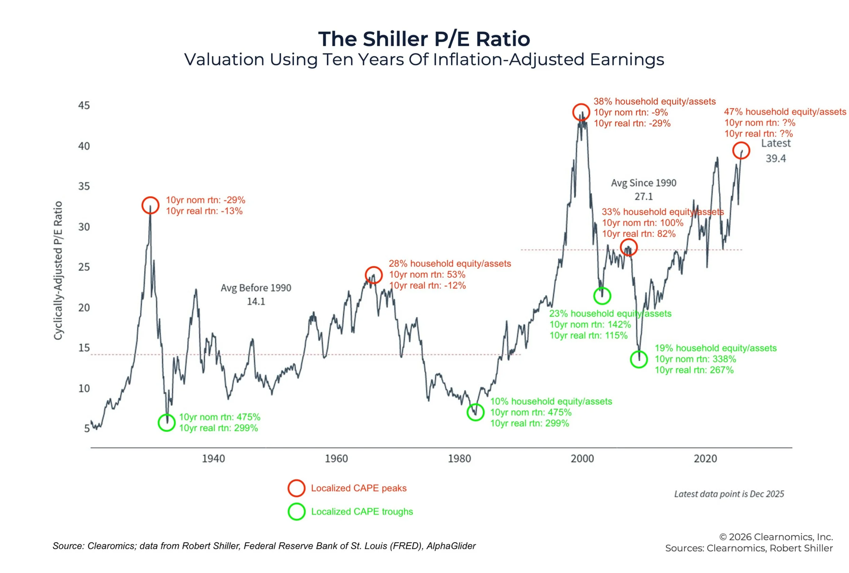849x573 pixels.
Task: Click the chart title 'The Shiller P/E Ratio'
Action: tap(424, 39)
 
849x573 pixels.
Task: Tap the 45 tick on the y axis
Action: tap(84, 106)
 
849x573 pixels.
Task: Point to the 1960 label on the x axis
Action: tap(336, 458)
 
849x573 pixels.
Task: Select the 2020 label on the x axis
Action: tap(705, 458)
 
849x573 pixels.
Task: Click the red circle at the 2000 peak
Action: tap(581, 112)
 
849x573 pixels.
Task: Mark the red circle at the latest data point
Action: tap(741, 150)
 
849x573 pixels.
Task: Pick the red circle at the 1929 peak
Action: tap(150, 205)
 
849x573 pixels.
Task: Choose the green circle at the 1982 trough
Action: tap(475, 412)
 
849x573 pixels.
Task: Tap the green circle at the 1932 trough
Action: tap(167, 423)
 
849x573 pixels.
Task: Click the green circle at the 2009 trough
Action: tap(638, 359)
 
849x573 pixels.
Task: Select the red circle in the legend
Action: tap(296, 488)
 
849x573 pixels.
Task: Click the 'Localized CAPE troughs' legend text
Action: tap(362, 512)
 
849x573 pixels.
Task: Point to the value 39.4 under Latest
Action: tap(776, 159)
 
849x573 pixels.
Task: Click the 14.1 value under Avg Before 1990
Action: tap(256, 302)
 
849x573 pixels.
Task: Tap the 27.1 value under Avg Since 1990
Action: tap(643, 197)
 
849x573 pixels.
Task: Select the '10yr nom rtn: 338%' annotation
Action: tap(695, 359)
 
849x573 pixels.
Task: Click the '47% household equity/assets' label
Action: tap(785, 112)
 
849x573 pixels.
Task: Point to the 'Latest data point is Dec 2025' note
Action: tap(729, 494)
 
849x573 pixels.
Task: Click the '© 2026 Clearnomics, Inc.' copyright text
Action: tap(776, 537)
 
